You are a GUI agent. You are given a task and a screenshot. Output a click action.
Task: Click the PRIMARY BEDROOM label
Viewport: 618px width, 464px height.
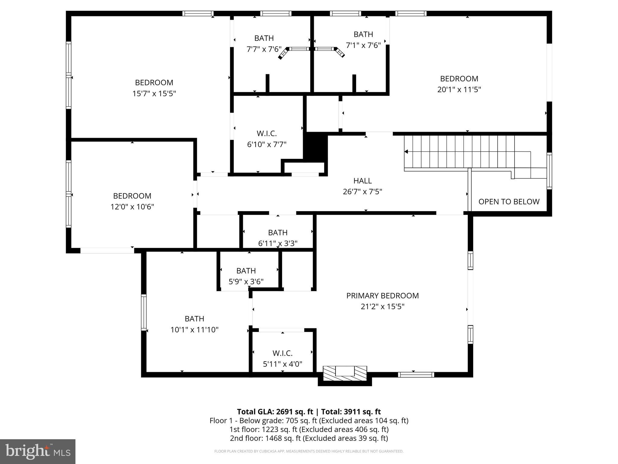point(382,296)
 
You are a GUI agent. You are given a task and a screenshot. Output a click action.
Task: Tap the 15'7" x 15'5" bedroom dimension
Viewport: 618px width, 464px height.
point(154,94)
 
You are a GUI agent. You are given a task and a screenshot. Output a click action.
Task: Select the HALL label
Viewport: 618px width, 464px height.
point(362,181)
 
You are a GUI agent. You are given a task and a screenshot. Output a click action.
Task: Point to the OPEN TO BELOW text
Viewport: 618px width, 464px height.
point(509,202)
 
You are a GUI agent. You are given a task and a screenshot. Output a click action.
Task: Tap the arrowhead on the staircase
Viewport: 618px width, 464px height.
point(406,152)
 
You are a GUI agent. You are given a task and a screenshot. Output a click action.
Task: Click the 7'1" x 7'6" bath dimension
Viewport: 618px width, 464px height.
point(363,45)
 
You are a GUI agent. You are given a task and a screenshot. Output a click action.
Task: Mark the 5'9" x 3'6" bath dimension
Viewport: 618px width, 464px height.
point(246,282)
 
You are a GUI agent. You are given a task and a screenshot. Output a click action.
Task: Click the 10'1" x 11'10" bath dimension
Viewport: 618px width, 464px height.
point(194,330)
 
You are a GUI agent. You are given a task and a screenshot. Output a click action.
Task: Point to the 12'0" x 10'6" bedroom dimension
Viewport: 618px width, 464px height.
point(132,207)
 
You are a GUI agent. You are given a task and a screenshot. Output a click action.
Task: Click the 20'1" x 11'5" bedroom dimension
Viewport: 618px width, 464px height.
point(459,90)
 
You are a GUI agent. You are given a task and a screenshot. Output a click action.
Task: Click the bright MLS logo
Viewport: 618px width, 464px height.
point(38,451)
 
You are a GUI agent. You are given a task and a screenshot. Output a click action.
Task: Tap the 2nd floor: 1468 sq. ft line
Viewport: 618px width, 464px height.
point(309,438)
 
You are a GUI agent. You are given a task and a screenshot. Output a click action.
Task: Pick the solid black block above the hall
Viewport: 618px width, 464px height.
point(316,147)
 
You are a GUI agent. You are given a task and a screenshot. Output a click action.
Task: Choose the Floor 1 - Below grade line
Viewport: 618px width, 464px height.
point(309,420)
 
